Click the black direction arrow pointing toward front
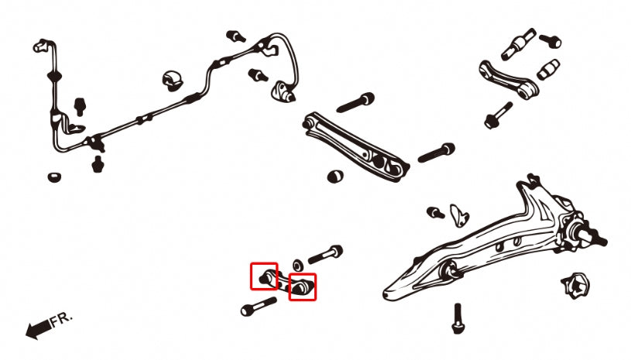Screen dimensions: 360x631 point(37,330)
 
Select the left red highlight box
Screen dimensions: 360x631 point(264,276)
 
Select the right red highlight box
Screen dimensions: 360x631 point(303,286)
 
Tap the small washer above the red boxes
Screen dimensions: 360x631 point(299,258)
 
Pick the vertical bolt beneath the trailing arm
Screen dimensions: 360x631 point(457,317)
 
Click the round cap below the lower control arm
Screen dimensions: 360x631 point(335,175)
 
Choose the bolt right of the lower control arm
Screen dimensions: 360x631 point(437,153)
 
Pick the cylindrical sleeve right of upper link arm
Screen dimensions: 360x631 point(547,68)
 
